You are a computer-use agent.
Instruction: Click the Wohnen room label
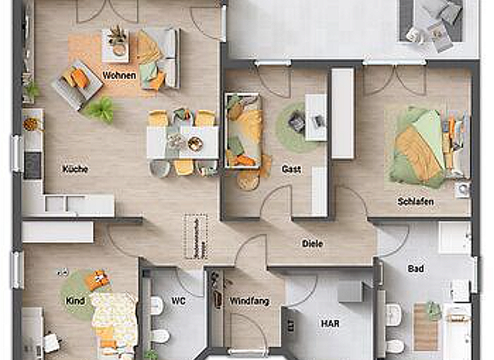point(119,76)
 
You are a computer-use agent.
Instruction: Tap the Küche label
point(75,169)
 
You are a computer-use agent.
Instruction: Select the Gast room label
point(291,169)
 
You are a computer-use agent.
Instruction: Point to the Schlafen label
point(415,202)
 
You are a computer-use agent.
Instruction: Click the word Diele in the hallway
point(313,244)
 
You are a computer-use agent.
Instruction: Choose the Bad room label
point(416,268)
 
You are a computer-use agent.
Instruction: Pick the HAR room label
point(330,323)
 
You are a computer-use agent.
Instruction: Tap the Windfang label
point(250,301)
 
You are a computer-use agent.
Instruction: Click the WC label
point(178,300)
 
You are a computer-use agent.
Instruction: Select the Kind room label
point(75,300)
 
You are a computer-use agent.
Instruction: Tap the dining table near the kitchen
point(183,142)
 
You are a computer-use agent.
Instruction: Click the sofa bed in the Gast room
point(242,130)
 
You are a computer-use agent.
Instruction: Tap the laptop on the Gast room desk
point(298,120)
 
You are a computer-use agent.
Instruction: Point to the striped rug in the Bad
point(425,326)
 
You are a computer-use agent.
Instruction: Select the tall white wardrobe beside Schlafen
point(342,113)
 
